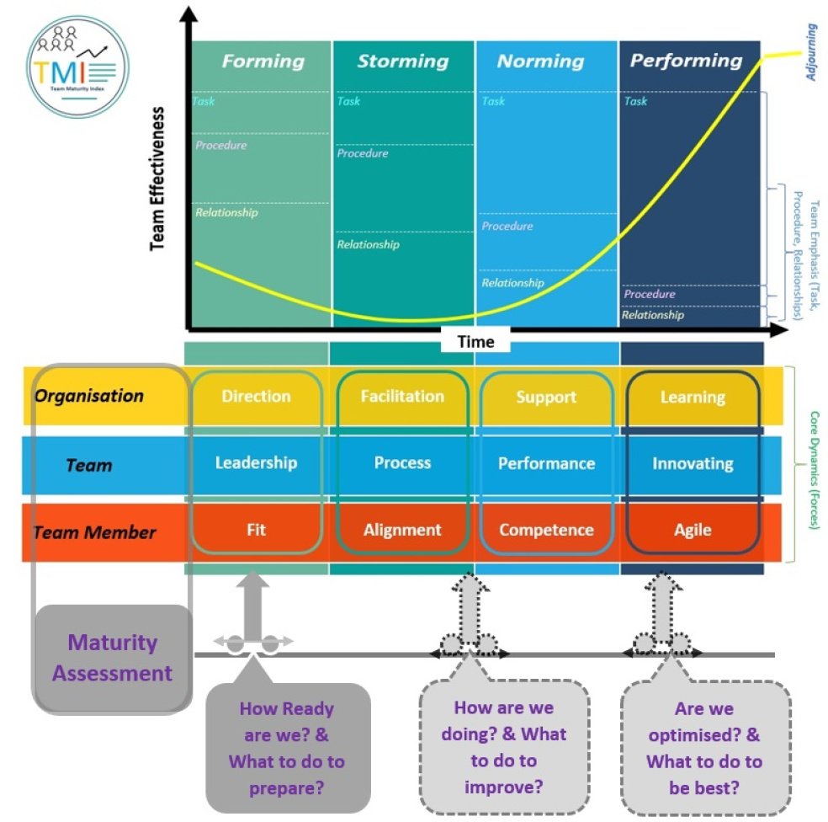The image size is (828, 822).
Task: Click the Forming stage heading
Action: [x=263, y=61]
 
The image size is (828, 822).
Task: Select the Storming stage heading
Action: [x=402, y=61]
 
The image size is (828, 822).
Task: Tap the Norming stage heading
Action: [x=540, y=61]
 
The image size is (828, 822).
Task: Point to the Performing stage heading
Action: [x=686, y=61]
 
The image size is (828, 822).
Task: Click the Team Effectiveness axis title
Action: [x=157, y=177]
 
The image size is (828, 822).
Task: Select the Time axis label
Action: [x=475, y=341]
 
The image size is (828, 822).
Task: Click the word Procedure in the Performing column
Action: [x=650, y=294]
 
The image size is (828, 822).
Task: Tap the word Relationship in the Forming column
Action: [x=226, y=212]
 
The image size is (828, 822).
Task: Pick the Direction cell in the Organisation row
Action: [x=257, y=396]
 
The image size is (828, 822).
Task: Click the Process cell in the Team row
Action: [x=402, y=463]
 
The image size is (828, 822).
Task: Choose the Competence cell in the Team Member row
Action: [x=546, y=530]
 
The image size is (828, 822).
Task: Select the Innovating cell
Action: [x=693, y=463]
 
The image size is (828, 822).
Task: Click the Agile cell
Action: [x=693, y=530]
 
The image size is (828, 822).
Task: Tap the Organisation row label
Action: [x=88, y=396]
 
